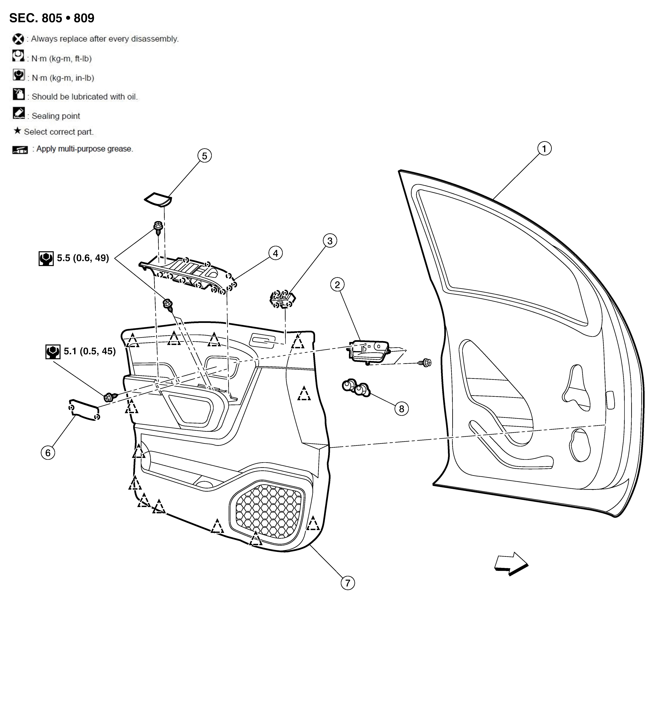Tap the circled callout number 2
point(337,285)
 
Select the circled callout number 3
point(330,240)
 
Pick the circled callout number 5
point(204,156)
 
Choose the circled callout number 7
point(348,583)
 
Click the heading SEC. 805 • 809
point(52,18)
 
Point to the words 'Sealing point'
point(56,116)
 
